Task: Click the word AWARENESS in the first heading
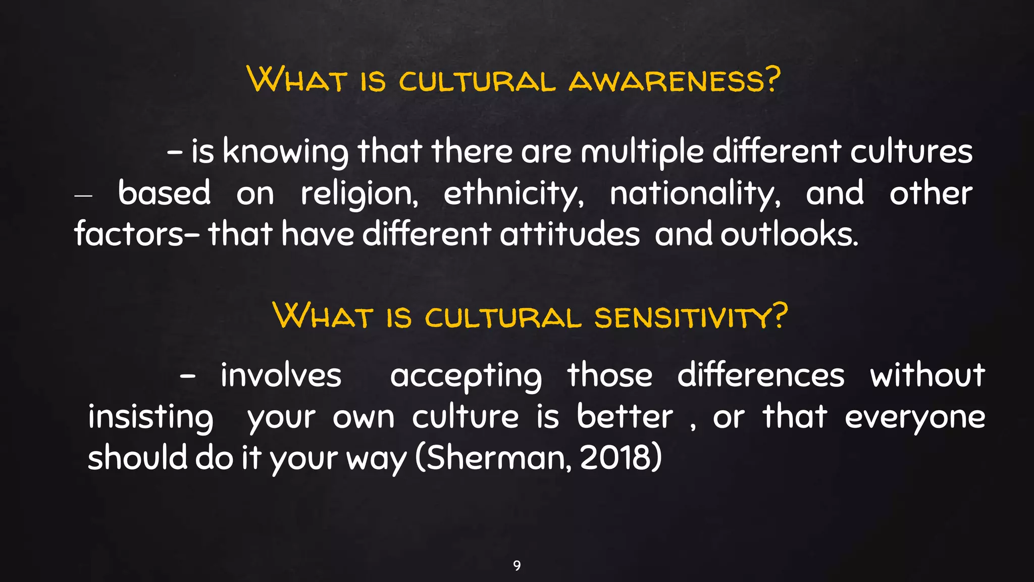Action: tap(674, 81)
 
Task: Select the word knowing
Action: tap(285, 152)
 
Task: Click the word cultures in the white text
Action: tap(911, 152)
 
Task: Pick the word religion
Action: tap(359, 193)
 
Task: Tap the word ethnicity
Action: tap(513, 193)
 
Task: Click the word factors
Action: tap(129, 234)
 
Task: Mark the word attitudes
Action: tap(570, 234)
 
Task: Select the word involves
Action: tap(281, 376)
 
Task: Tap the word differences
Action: tap(760, 376)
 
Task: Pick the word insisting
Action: tap(150, 418)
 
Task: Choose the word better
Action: tap(625, 417)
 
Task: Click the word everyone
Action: tap(914, 418)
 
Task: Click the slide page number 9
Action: tap(516, 565)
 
